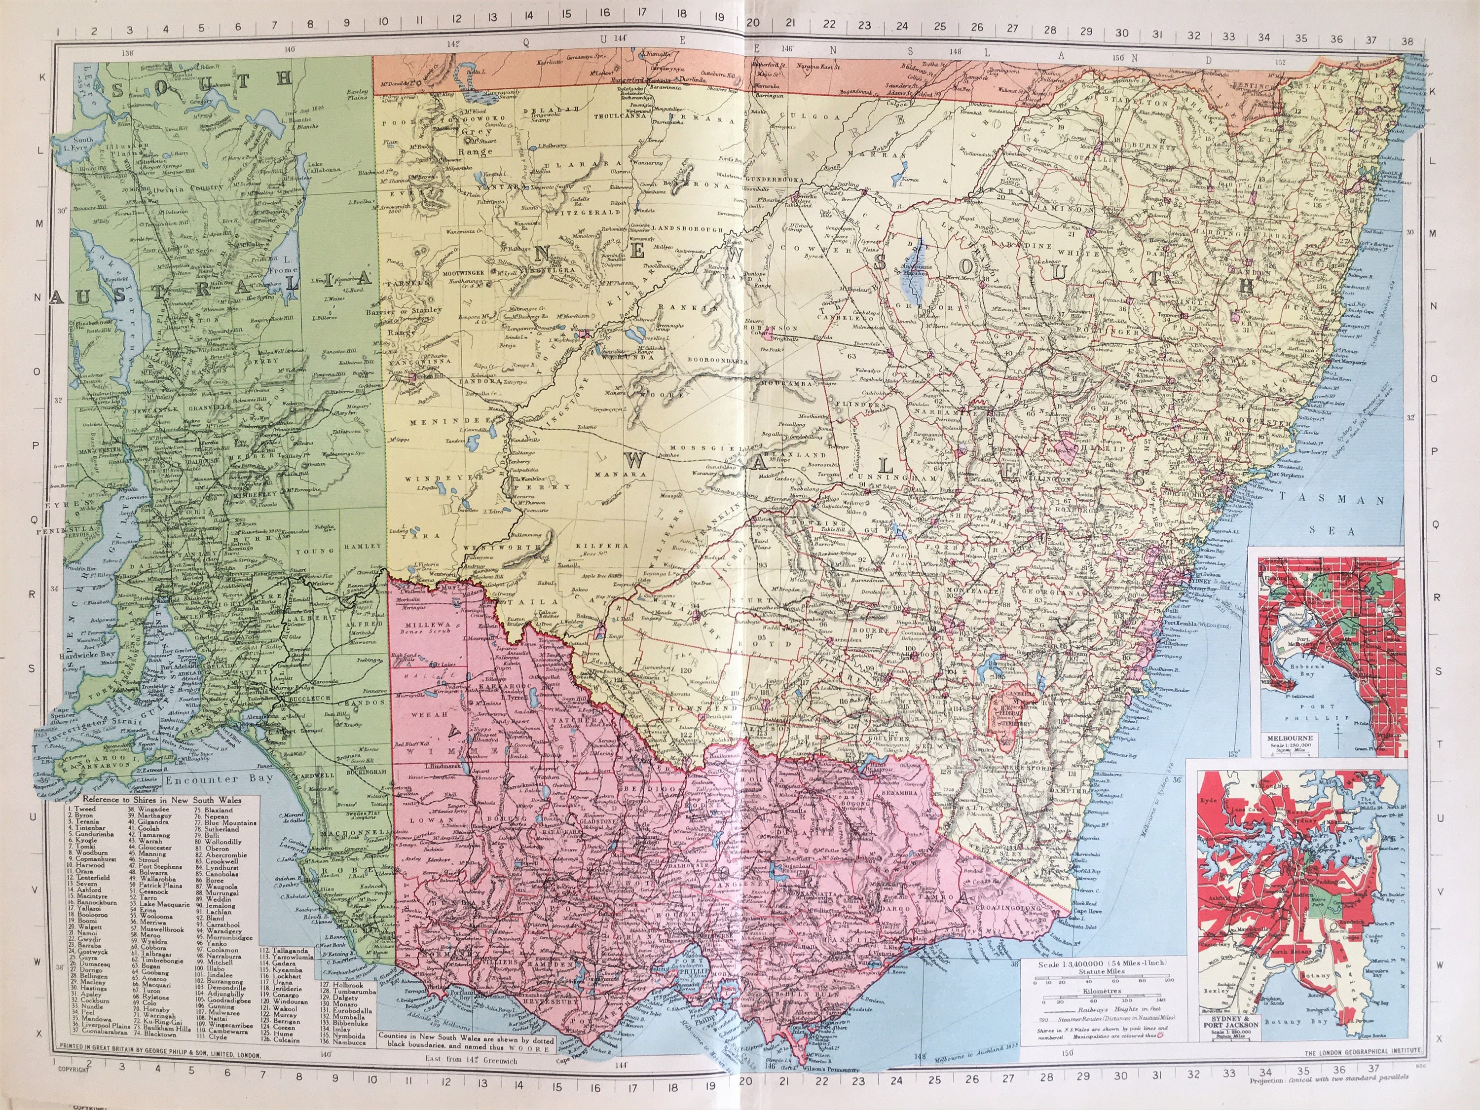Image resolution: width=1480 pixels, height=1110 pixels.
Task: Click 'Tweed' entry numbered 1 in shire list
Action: tap(84, 809)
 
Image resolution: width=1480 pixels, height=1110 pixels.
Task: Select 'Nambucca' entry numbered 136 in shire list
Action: tap(347, 1042)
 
